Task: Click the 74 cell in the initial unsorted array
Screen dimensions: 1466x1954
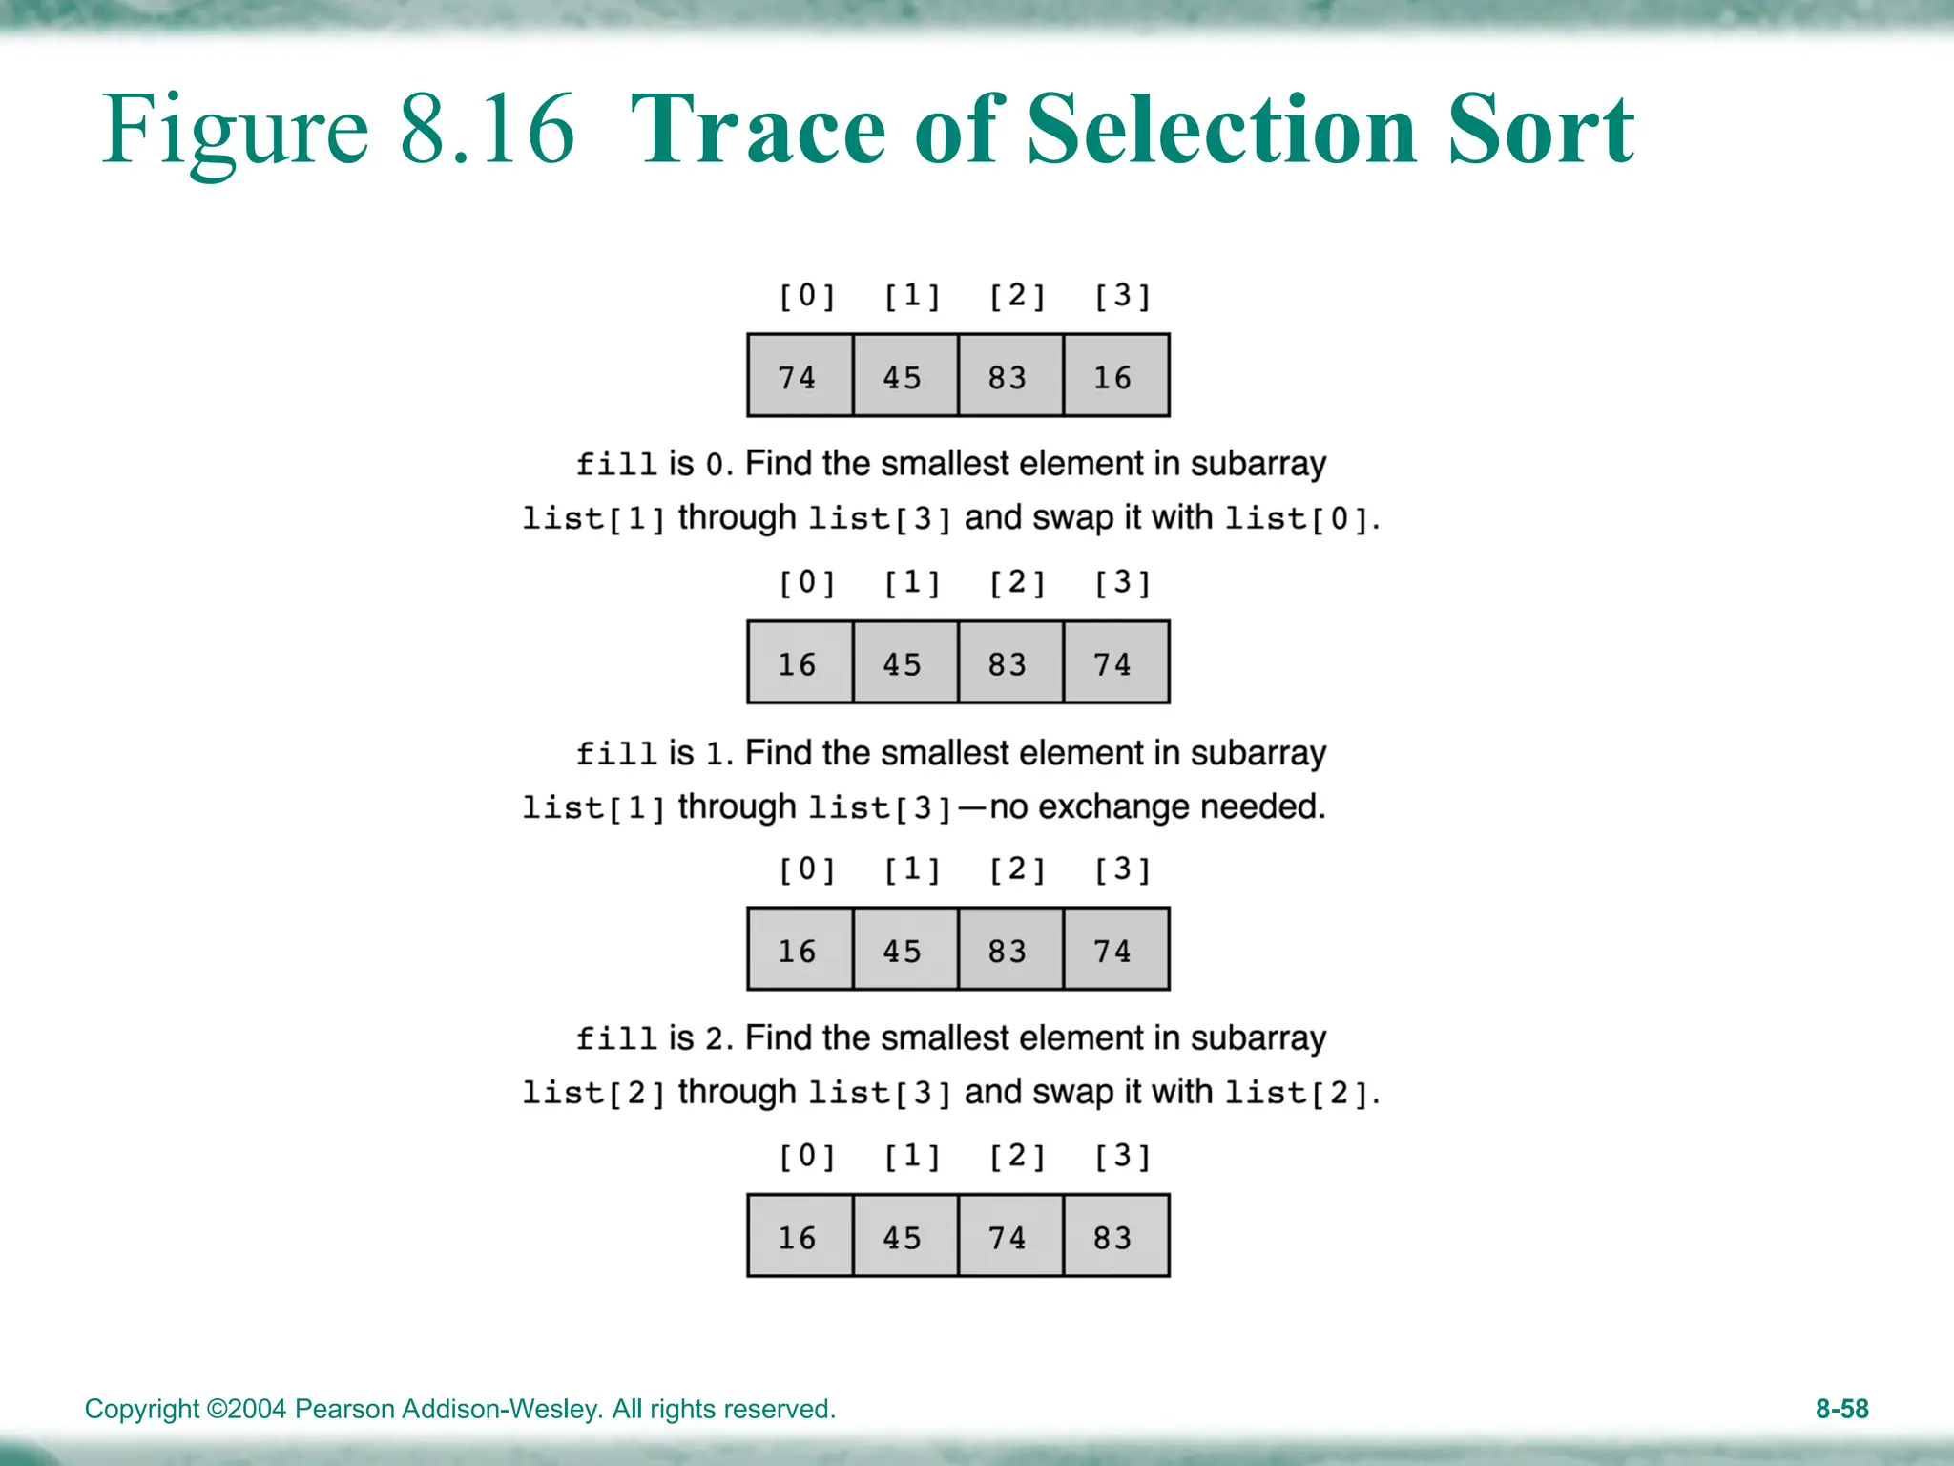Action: [800, 376]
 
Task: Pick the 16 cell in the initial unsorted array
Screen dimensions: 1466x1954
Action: [1114, 376]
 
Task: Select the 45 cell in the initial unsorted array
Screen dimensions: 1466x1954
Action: [904, 376]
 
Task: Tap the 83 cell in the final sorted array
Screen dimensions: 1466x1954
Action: [1114, 1237]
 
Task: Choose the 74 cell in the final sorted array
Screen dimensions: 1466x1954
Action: [1009, 1237]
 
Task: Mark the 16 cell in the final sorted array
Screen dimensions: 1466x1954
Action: [800, 1237]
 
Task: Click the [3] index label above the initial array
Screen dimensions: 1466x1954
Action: [1122, 296]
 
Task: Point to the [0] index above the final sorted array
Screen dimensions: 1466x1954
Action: [807, 1157]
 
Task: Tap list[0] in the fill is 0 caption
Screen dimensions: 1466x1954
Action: [1298, 519]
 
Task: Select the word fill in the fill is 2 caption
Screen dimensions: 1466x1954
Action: [616, 1038]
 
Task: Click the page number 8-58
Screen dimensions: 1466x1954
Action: [1841, 1409]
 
